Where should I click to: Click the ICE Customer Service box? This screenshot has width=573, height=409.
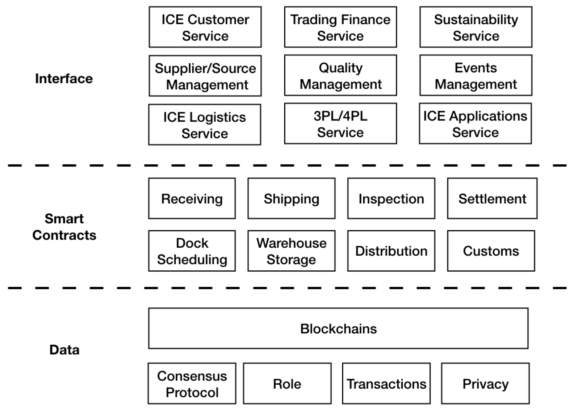point(205,27)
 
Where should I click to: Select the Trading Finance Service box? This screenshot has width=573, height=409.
point(341,27)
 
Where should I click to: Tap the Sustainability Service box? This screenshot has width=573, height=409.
point(476,27)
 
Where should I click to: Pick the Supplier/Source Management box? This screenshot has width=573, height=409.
point(205,76)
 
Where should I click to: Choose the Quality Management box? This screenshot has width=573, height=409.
point(341,75)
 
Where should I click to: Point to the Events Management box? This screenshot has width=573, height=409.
point(476,75)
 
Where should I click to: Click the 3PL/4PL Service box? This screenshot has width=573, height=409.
point(341,124)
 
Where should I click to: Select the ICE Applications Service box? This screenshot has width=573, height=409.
point(475,124)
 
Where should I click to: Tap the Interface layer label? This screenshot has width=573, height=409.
point(64,79)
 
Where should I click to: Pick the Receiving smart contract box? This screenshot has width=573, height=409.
point(192,199)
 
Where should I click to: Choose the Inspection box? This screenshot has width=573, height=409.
point(391,199)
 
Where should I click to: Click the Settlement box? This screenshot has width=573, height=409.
point(492,199)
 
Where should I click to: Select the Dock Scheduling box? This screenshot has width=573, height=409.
point(192,251)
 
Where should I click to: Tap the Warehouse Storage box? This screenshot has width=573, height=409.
point(291,251)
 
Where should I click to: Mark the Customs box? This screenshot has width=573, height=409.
point(491,251)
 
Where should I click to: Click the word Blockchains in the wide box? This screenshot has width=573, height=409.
point(338,329)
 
